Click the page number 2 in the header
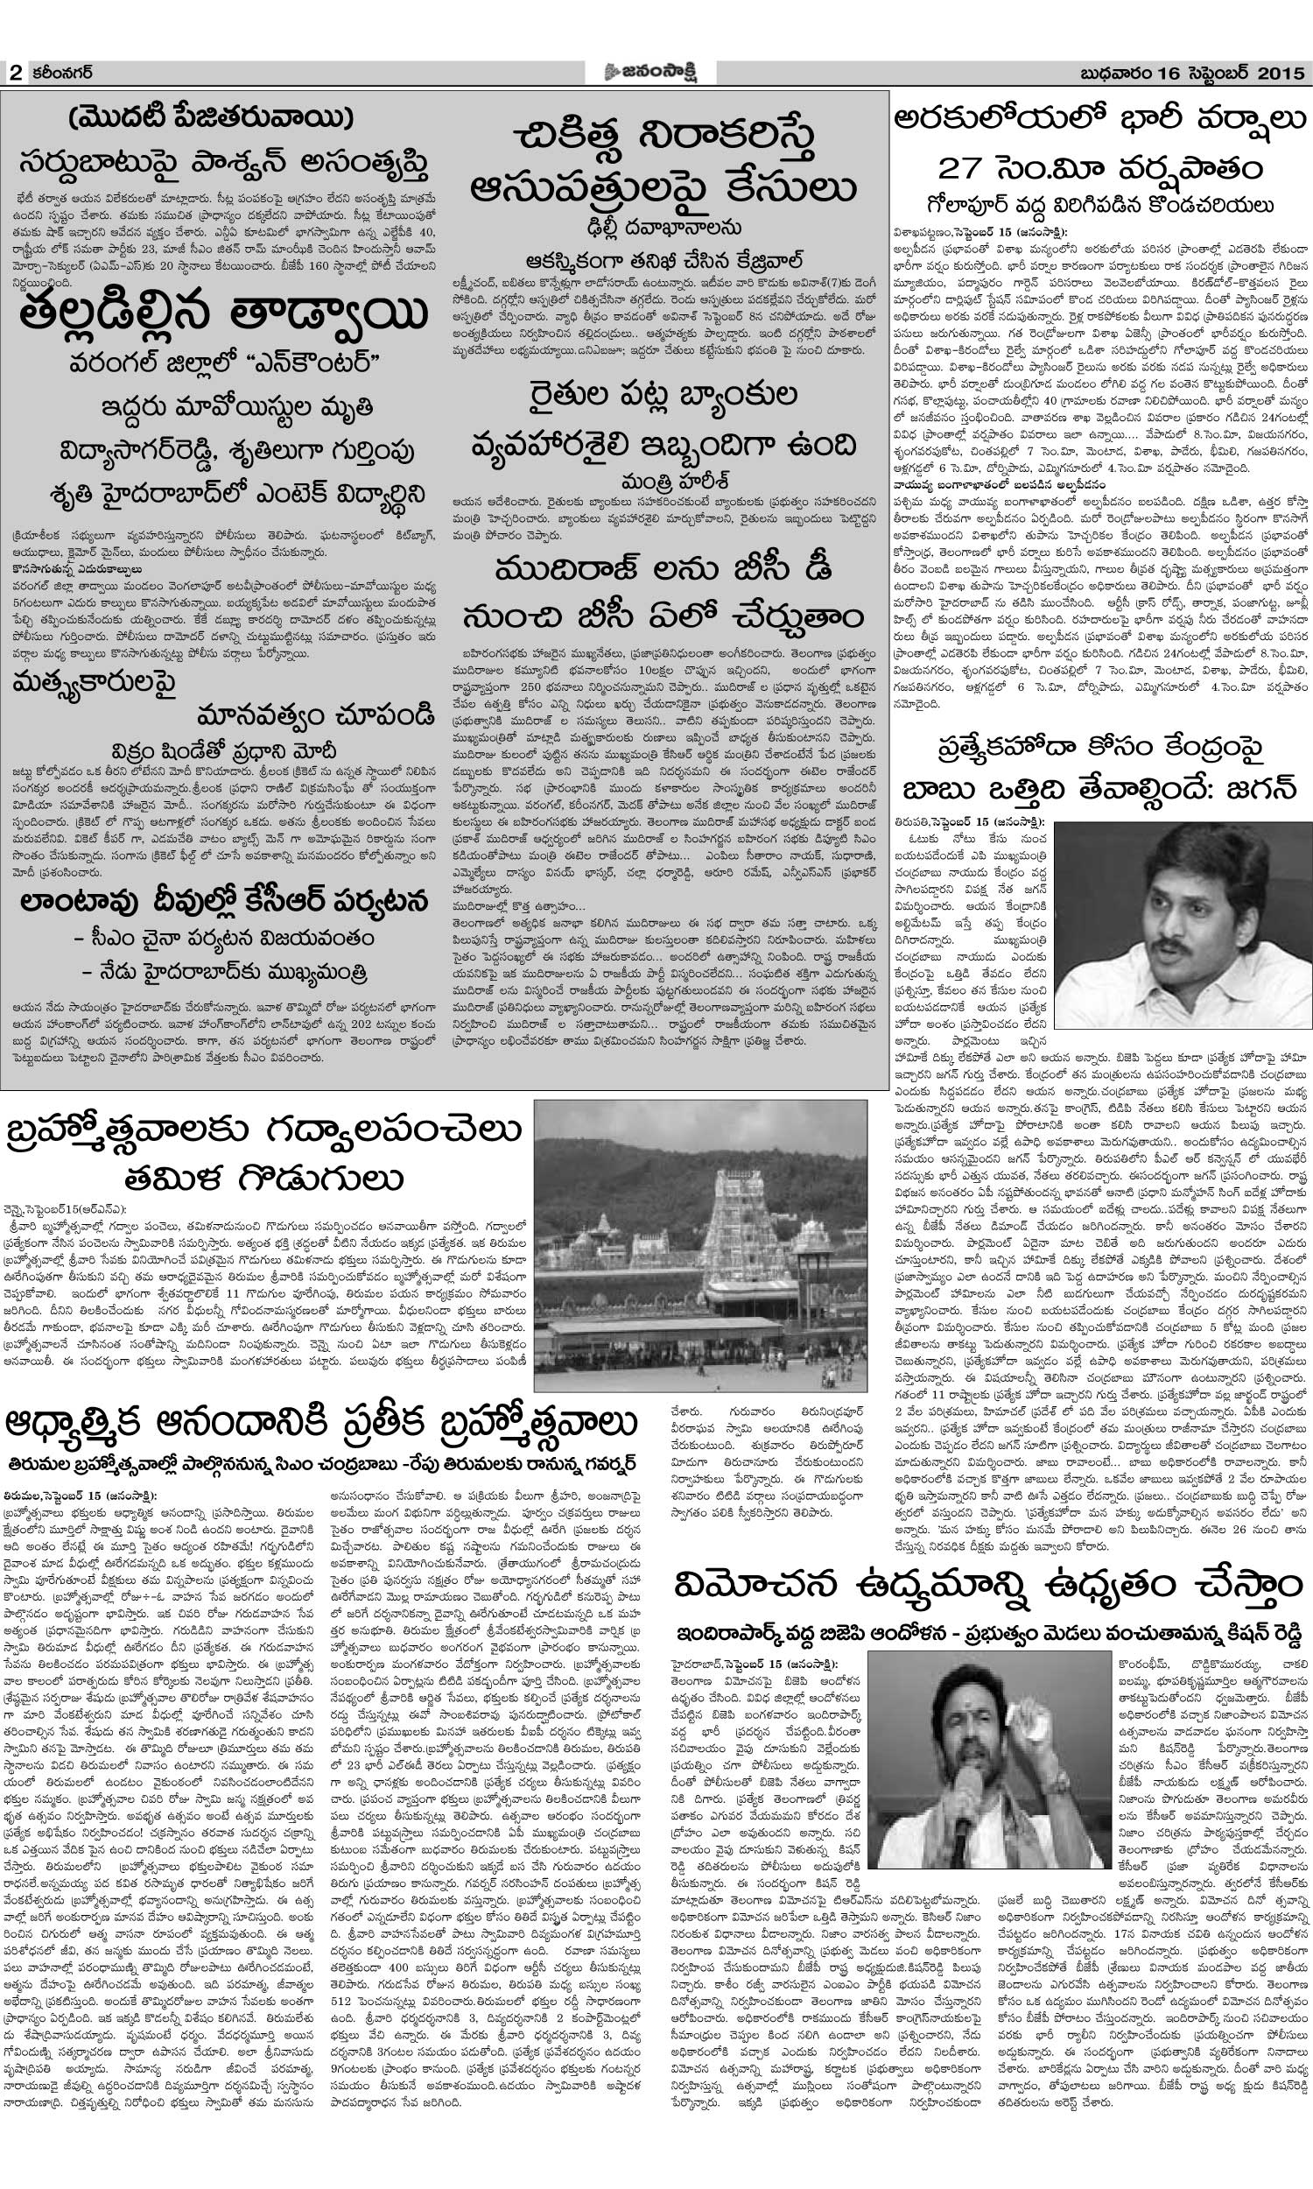coord(15,73)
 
